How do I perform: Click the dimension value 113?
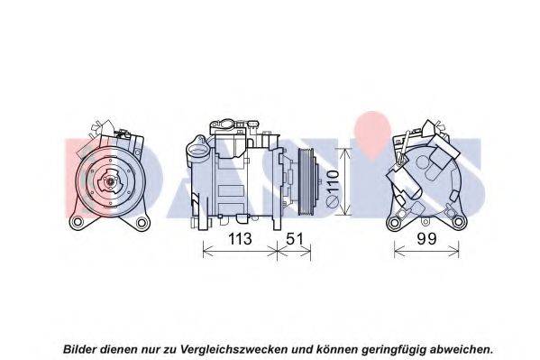click(240, 238)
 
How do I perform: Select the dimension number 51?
click(295, 238)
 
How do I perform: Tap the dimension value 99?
click(426, 238)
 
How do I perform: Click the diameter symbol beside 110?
click(333, 201)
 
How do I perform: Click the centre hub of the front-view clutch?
click(110, 180)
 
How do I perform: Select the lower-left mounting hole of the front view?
click(77, 222)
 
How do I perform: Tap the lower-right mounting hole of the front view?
click(142, 223)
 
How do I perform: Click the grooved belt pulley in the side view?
click(307, 181)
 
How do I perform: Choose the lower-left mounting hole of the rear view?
click(393, 223)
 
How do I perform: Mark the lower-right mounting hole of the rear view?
click(459, 222)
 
